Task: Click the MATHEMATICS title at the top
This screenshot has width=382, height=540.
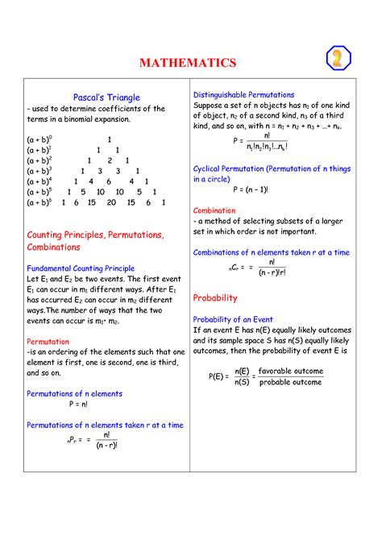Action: click(x=188, y=63)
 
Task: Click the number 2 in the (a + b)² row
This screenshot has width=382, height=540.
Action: click(x=108, y=160)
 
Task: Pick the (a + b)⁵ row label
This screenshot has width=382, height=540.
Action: click(x=39, y=192)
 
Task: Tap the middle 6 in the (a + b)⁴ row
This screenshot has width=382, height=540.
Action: click(x=109, y=181)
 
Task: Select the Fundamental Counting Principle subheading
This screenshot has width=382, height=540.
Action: click(x=81, y=268)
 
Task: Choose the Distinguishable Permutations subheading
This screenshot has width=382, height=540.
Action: click(x=243, y=95)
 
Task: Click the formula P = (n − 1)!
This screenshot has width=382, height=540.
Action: click(x=251, y=190)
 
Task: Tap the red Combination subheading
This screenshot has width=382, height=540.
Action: click(x=214, y=210)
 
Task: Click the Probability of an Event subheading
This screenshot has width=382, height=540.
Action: click(x=233, y=320)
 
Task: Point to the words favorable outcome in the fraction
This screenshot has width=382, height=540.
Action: click(x=290, y=372)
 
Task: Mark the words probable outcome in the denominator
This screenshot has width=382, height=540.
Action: click(x=290, y=383)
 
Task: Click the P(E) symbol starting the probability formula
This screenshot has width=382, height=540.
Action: click(x=218, y=377)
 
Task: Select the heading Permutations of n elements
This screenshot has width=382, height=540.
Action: click(x=74, y=393)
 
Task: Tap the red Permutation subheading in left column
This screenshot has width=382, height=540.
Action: click(x=48, y=341)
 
